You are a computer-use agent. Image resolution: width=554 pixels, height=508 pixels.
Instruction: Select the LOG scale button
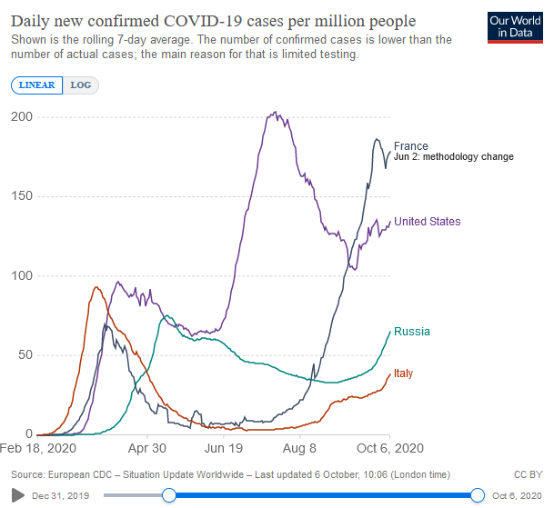tap(80, 85)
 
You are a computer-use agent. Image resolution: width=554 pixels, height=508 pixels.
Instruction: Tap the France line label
tap(410, 146)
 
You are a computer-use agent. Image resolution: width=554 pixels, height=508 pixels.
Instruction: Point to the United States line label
tap(427, 222)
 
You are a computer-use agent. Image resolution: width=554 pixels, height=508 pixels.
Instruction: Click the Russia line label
tap(411, 332)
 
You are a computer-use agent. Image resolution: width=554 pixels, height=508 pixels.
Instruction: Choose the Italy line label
tap(403, 374)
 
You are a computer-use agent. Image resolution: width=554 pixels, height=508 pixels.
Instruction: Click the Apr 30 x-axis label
tap(146, 448)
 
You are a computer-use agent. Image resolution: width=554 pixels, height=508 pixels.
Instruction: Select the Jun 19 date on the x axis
tap(224, 448)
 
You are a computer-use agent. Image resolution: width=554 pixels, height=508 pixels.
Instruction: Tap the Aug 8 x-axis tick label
tap(300, 448)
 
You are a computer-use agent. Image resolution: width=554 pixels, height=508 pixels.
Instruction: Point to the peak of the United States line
tap(275, 113)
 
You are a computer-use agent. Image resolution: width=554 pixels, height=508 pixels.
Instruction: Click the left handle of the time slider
tap(169, 494)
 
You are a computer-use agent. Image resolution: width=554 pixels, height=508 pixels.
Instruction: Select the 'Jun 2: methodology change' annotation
tap(454, 157)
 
